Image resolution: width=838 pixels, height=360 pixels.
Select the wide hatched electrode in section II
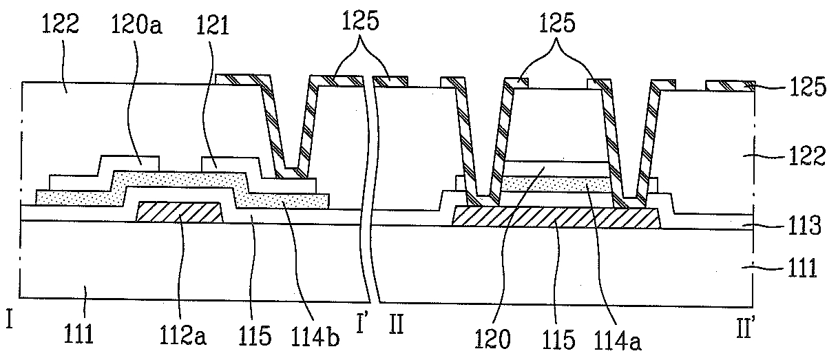click(555, 217)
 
